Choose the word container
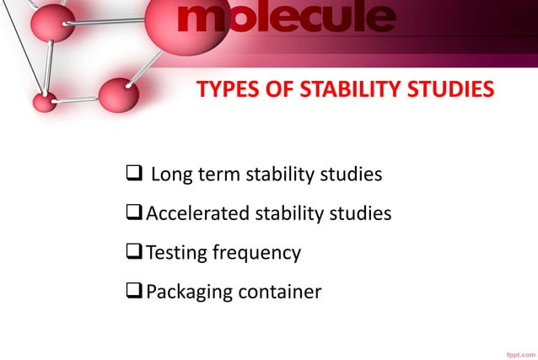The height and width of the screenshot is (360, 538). point(279,292)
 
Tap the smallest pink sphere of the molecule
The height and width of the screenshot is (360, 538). point(44,102)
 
